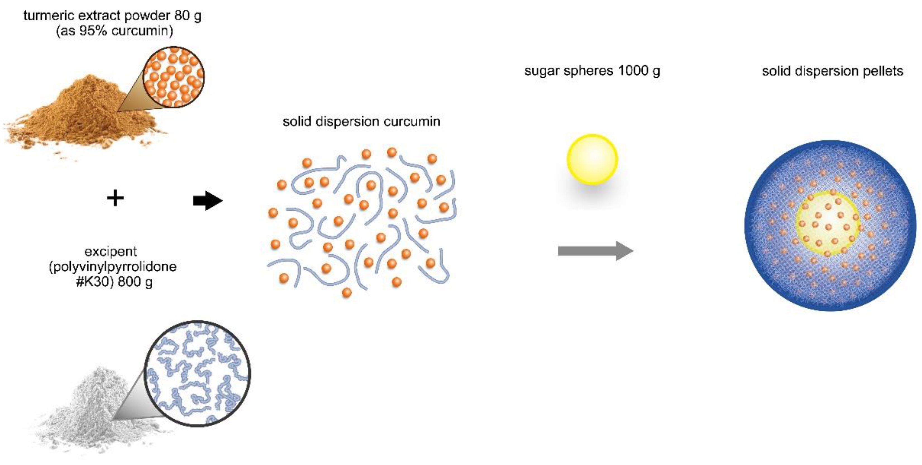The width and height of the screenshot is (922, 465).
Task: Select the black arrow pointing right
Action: click(208, 201)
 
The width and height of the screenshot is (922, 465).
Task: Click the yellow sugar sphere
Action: click(592, 159)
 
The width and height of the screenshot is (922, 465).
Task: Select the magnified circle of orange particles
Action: click(174, 77)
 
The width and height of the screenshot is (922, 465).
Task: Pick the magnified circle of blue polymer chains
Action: click(197, 373)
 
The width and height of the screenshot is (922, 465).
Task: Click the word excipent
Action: click(111, 251)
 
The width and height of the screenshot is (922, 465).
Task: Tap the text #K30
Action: click(92, 282)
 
